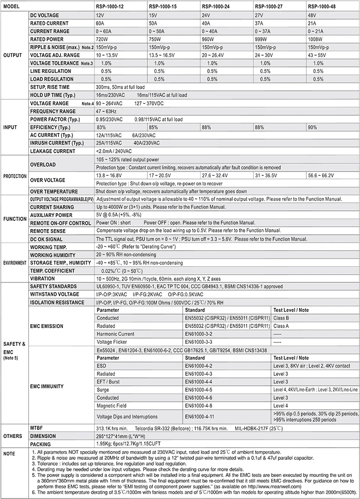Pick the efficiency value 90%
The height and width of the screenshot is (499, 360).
312,127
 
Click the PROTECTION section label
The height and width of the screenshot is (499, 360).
15,176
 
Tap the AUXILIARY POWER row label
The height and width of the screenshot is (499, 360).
51,215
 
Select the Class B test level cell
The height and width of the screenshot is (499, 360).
282,318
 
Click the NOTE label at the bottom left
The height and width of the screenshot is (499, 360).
9,453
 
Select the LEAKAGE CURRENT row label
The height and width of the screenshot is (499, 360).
52,151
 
